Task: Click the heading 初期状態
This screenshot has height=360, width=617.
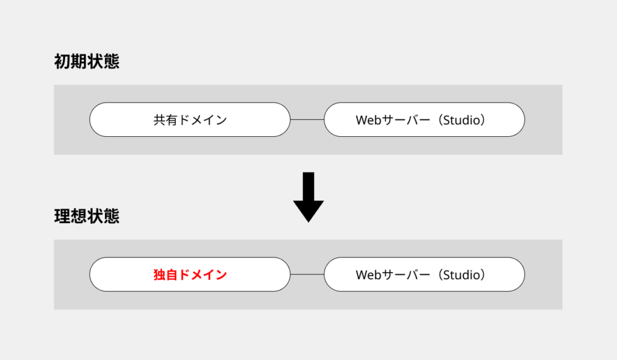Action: (87, 62)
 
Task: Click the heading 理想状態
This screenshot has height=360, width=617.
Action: (87, 216)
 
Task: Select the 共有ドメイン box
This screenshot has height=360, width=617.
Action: (190, 120)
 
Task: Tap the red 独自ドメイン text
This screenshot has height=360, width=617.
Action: (190, 274)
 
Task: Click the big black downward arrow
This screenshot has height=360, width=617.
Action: (308, 197)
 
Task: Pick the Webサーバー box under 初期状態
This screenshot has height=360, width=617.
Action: (424, 120)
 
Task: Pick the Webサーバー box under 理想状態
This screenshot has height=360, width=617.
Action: (424, 274)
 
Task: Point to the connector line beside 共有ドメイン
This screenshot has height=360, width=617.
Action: (307, 120)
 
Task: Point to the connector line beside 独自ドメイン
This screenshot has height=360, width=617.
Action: (307, 274)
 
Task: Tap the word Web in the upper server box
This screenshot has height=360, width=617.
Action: (368, 120)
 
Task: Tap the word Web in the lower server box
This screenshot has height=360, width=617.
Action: (368, 274)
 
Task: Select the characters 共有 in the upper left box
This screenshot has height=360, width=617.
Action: (165, 120)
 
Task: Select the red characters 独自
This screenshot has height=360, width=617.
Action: (165, 274)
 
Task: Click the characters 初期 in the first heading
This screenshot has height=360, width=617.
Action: (70, 62)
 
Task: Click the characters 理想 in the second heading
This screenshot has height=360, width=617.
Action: (70, 216)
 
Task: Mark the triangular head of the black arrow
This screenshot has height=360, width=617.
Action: (308, 212)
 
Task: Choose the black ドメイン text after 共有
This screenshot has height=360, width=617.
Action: (202, 120)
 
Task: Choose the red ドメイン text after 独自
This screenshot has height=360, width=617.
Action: (202, 274)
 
